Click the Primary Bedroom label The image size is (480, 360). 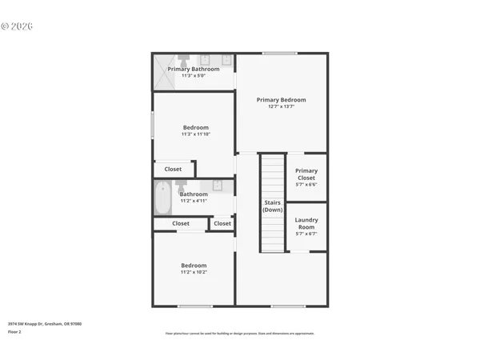[281, 100]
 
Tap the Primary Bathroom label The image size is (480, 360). [193, 69]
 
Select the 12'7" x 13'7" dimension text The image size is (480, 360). [281, 107]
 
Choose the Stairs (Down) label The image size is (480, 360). [273, 206]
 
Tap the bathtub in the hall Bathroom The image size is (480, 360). [164, 198]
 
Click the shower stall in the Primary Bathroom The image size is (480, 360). [163, 64]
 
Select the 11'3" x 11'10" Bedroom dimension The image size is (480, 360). [195, 134]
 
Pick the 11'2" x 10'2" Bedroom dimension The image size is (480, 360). [194, 273]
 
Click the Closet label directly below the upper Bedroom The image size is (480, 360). [173, 169]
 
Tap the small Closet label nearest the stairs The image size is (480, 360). [222, 223]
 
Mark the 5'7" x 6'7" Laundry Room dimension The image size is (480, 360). [306, 234]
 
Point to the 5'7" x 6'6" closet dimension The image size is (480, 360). [306, 185]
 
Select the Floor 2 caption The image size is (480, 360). [14, 332]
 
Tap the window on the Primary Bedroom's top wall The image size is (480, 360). [280, 54]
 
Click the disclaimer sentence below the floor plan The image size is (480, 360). [239, 334]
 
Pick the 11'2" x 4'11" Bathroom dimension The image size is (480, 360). [194, 201]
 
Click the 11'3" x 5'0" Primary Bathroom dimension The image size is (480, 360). [193, 76]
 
